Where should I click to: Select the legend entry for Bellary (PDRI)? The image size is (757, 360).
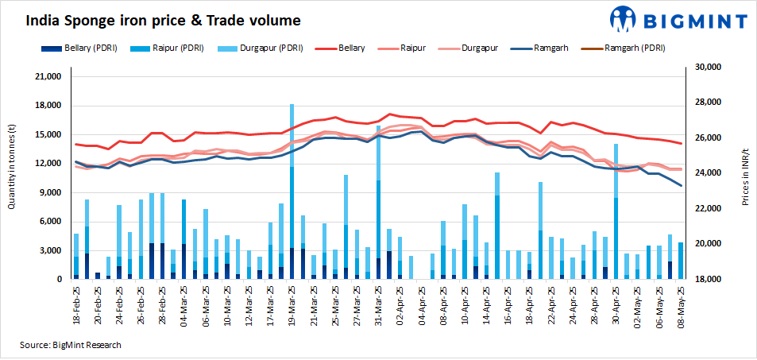88,48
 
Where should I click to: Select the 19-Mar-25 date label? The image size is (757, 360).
292,304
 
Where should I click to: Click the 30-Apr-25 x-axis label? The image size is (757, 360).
616,304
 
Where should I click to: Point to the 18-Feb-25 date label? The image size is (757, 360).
76,304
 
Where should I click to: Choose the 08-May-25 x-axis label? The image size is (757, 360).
681,304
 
